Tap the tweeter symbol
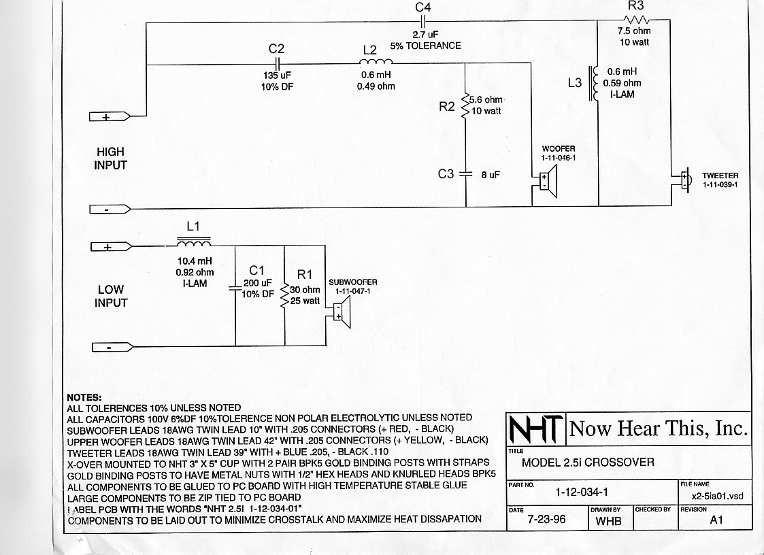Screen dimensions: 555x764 (686, 180)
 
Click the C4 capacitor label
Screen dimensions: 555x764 (423, 7)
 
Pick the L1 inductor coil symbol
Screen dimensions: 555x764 (193, 243)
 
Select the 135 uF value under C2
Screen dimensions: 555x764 (276, 75)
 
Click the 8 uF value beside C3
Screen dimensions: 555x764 (491, 174)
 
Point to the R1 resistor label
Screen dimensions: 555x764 (304, 274)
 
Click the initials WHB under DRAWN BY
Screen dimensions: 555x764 (608, 521)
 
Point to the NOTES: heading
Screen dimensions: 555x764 (84, 397)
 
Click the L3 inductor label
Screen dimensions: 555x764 (574, 82)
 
